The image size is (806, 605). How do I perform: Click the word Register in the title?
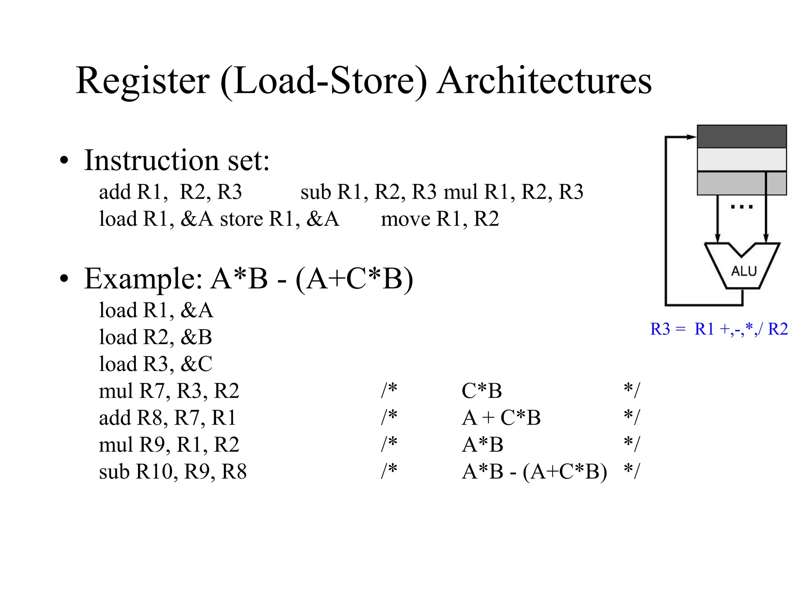pos(142,81)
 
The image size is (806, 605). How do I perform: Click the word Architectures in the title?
pos(544,81)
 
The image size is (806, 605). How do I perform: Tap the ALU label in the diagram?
pos(743,271)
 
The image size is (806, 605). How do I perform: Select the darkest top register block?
pos(741,136)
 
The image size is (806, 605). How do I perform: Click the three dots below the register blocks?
pos(741,207)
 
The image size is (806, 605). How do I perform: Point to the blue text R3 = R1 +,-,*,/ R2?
pos(719,329)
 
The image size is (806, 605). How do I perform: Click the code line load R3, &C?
pos(155,364)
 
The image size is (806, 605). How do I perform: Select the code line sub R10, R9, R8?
pos(172,471)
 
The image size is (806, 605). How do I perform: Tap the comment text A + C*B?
pos(501,418)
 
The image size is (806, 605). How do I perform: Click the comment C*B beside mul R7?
pos(482,391)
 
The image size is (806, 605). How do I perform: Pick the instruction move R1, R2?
pos(440,219)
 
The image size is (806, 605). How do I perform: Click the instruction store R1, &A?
pos(279,219)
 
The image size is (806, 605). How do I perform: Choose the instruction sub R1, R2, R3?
pos(368,192)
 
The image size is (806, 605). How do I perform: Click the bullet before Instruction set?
pos(64,161)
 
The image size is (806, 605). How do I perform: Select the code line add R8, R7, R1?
pos(167,418)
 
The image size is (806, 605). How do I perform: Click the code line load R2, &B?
pos(155,337)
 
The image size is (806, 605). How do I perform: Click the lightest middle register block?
pos(741,160)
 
